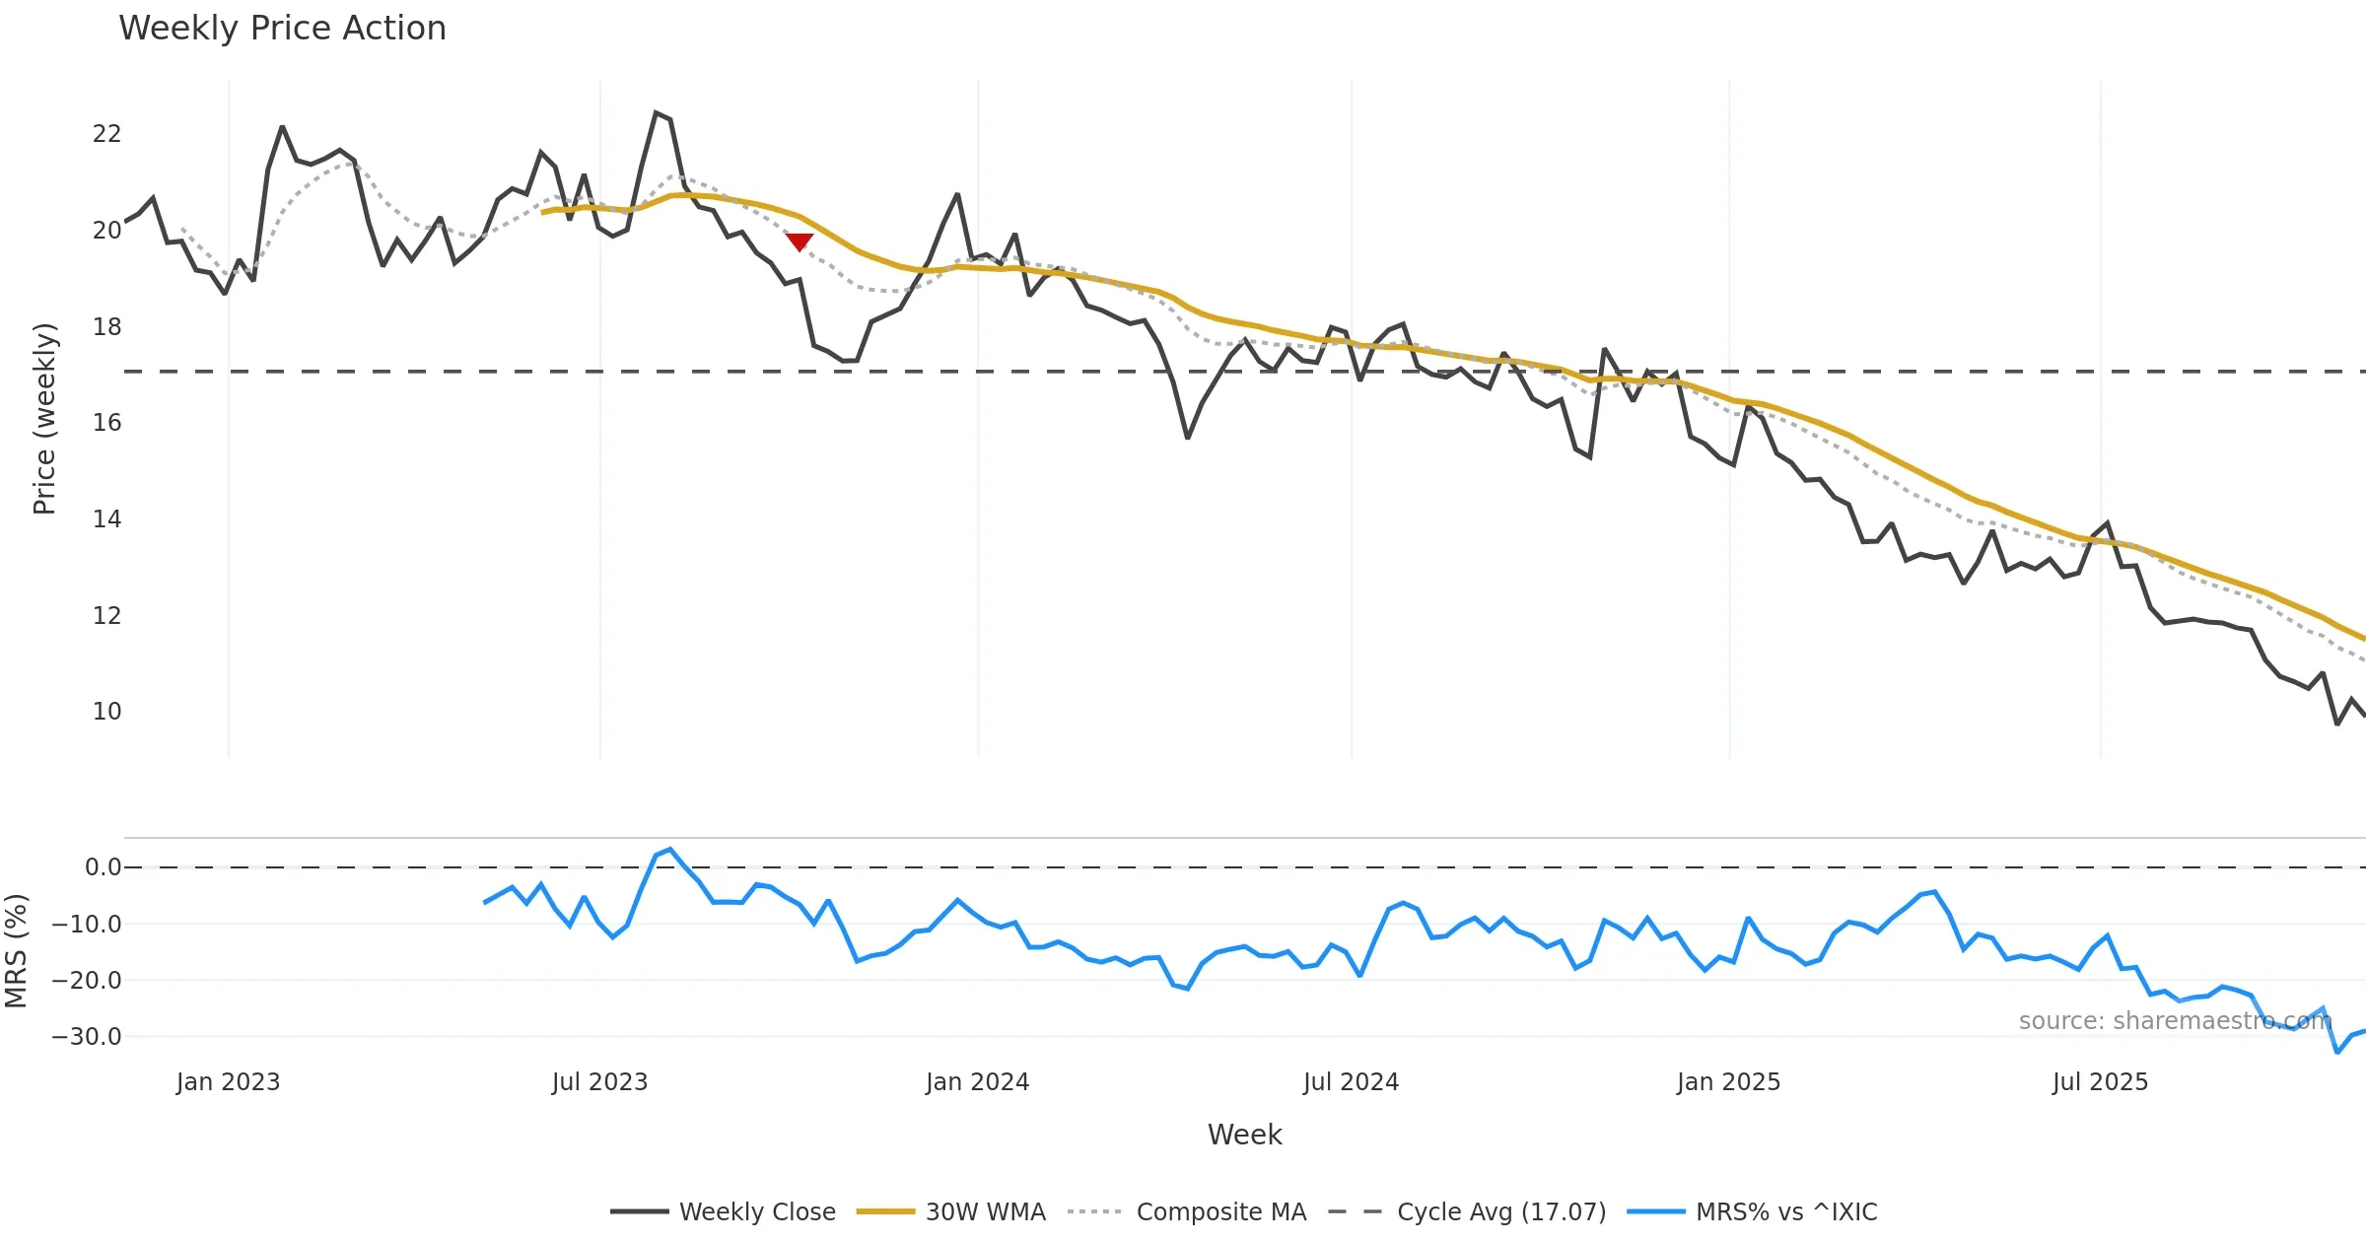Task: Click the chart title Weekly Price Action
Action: click(x=282, y=29)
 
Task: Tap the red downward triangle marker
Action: click(x=799, y=241)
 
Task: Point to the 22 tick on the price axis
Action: click(x=106, y=134)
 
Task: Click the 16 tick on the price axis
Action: click(x=106, y=423)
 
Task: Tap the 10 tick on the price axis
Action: click(x=106, y=712)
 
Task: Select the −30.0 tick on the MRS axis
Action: click(x=87, y=1037)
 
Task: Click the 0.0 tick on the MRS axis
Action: click(x=103, y=867)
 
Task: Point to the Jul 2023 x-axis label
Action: click(x=599, y=1082)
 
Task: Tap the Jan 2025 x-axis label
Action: click(x=1728, y=1082)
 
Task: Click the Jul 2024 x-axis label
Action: click(x=1351, y=1082)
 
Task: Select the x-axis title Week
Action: click(x=1244, y=1136)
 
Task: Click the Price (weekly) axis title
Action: click(x=44, y=419)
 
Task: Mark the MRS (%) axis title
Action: click(x=17, y=951)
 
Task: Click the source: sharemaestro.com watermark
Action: click(x=2175, y=1021)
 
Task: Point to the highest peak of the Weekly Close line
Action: click(x=657, y=113)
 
